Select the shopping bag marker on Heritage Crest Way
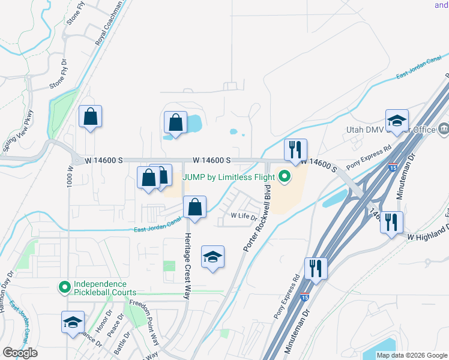(194, 208)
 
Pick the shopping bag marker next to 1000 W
(90, 118)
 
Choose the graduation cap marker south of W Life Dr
(212, 257)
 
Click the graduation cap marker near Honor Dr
(73, 322)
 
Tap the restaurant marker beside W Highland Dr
(391, 223)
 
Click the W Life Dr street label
(244, 216)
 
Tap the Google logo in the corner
(20, 353)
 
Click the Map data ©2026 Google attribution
(411, 355)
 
